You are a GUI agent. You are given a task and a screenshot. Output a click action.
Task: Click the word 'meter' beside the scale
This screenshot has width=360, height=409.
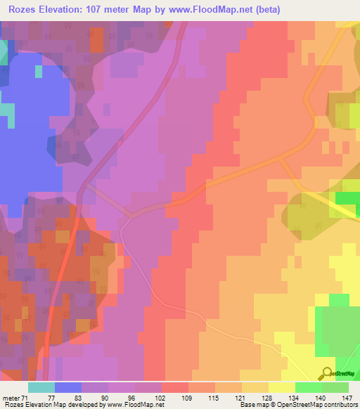(x=11, y=397)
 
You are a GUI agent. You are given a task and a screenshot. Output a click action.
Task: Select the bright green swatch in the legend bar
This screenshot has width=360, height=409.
(x=308, y=387)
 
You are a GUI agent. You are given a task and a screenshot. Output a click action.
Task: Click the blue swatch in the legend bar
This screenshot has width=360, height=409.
(x=68, y=387)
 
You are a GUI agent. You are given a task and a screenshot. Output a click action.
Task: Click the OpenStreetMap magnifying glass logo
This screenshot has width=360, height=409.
(x=326, y=373)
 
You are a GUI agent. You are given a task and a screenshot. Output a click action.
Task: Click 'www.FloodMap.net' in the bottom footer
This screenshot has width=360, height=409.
(x=135, y=405)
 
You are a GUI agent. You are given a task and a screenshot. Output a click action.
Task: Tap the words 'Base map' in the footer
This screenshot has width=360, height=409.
(x=251, y=405)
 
